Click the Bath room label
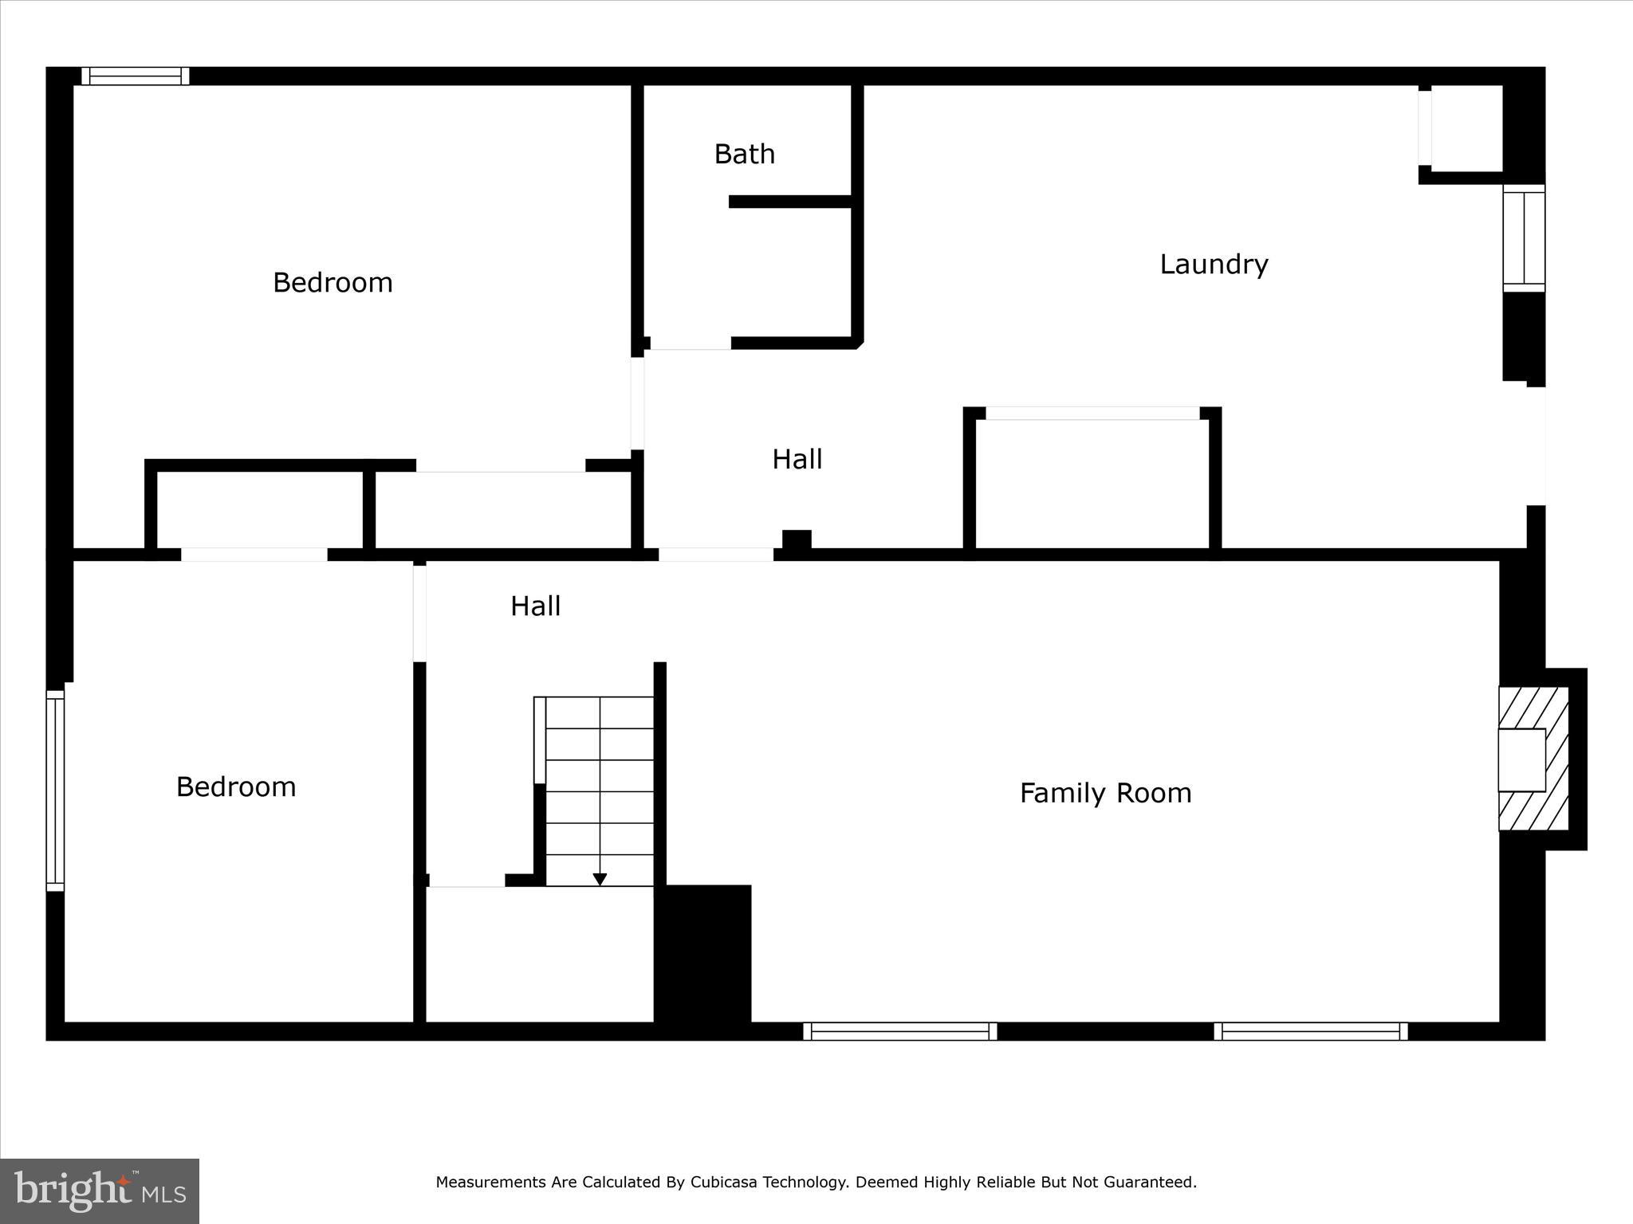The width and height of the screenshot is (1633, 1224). [744, 154]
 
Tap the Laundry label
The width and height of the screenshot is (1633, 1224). [1214, 264]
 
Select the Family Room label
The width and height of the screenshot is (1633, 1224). [1105, 793]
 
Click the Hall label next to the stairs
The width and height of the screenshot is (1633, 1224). [535, 606]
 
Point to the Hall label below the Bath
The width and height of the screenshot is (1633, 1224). [797, 459]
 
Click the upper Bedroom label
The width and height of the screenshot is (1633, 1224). [333, 283]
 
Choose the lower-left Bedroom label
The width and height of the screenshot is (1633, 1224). [236, 787]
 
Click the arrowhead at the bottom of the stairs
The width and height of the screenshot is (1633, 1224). [600, 879]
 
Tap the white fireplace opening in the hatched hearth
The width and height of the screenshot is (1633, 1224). [1521, 759]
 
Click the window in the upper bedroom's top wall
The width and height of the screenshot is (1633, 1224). [136, 76]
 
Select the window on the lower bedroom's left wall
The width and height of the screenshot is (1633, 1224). [55, 790]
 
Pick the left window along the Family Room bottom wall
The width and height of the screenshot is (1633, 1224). [899, 1031]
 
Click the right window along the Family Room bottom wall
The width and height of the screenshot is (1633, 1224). [1310, 1031]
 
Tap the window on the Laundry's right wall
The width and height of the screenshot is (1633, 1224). [1524, 237]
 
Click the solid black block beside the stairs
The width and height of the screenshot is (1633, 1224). [703, 952]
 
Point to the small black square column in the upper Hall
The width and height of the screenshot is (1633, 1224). [797, 539]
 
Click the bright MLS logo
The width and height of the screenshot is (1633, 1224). [100, 1191]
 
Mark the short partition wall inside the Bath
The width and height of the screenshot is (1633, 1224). [790, 202]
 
